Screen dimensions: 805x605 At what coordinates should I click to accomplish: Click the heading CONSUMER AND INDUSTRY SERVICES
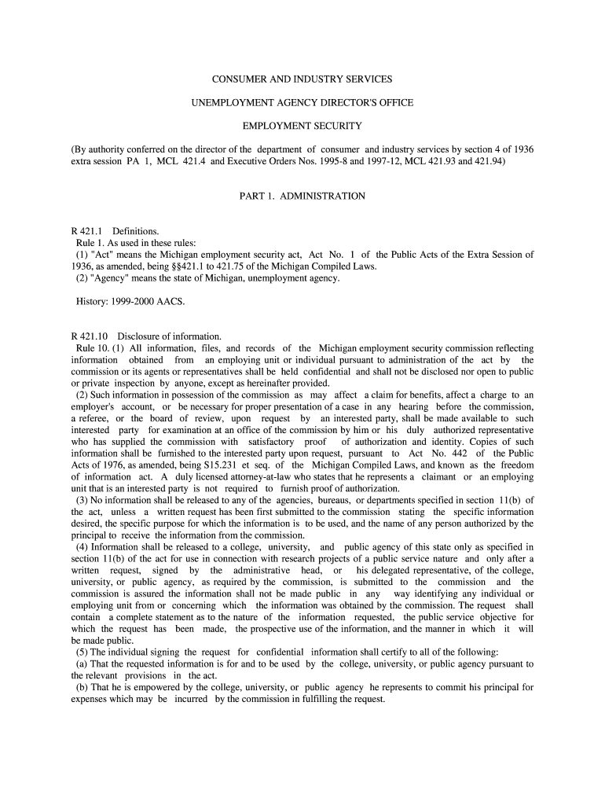point(302,79)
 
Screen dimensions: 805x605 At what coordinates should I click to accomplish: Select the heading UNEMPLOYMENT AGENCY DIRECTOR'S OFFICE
point(302,102)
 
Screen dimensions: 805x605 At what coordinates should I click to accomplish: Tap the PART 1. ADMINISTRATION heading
point(302,196)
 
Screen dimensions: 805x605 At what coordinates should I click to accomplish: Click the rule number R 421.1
point(87,231)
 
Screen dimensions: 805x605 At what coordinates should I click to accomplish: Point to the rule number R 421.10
point(90,336)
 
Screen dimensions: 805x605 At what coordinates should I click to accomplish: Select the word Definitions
point(135,231)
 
